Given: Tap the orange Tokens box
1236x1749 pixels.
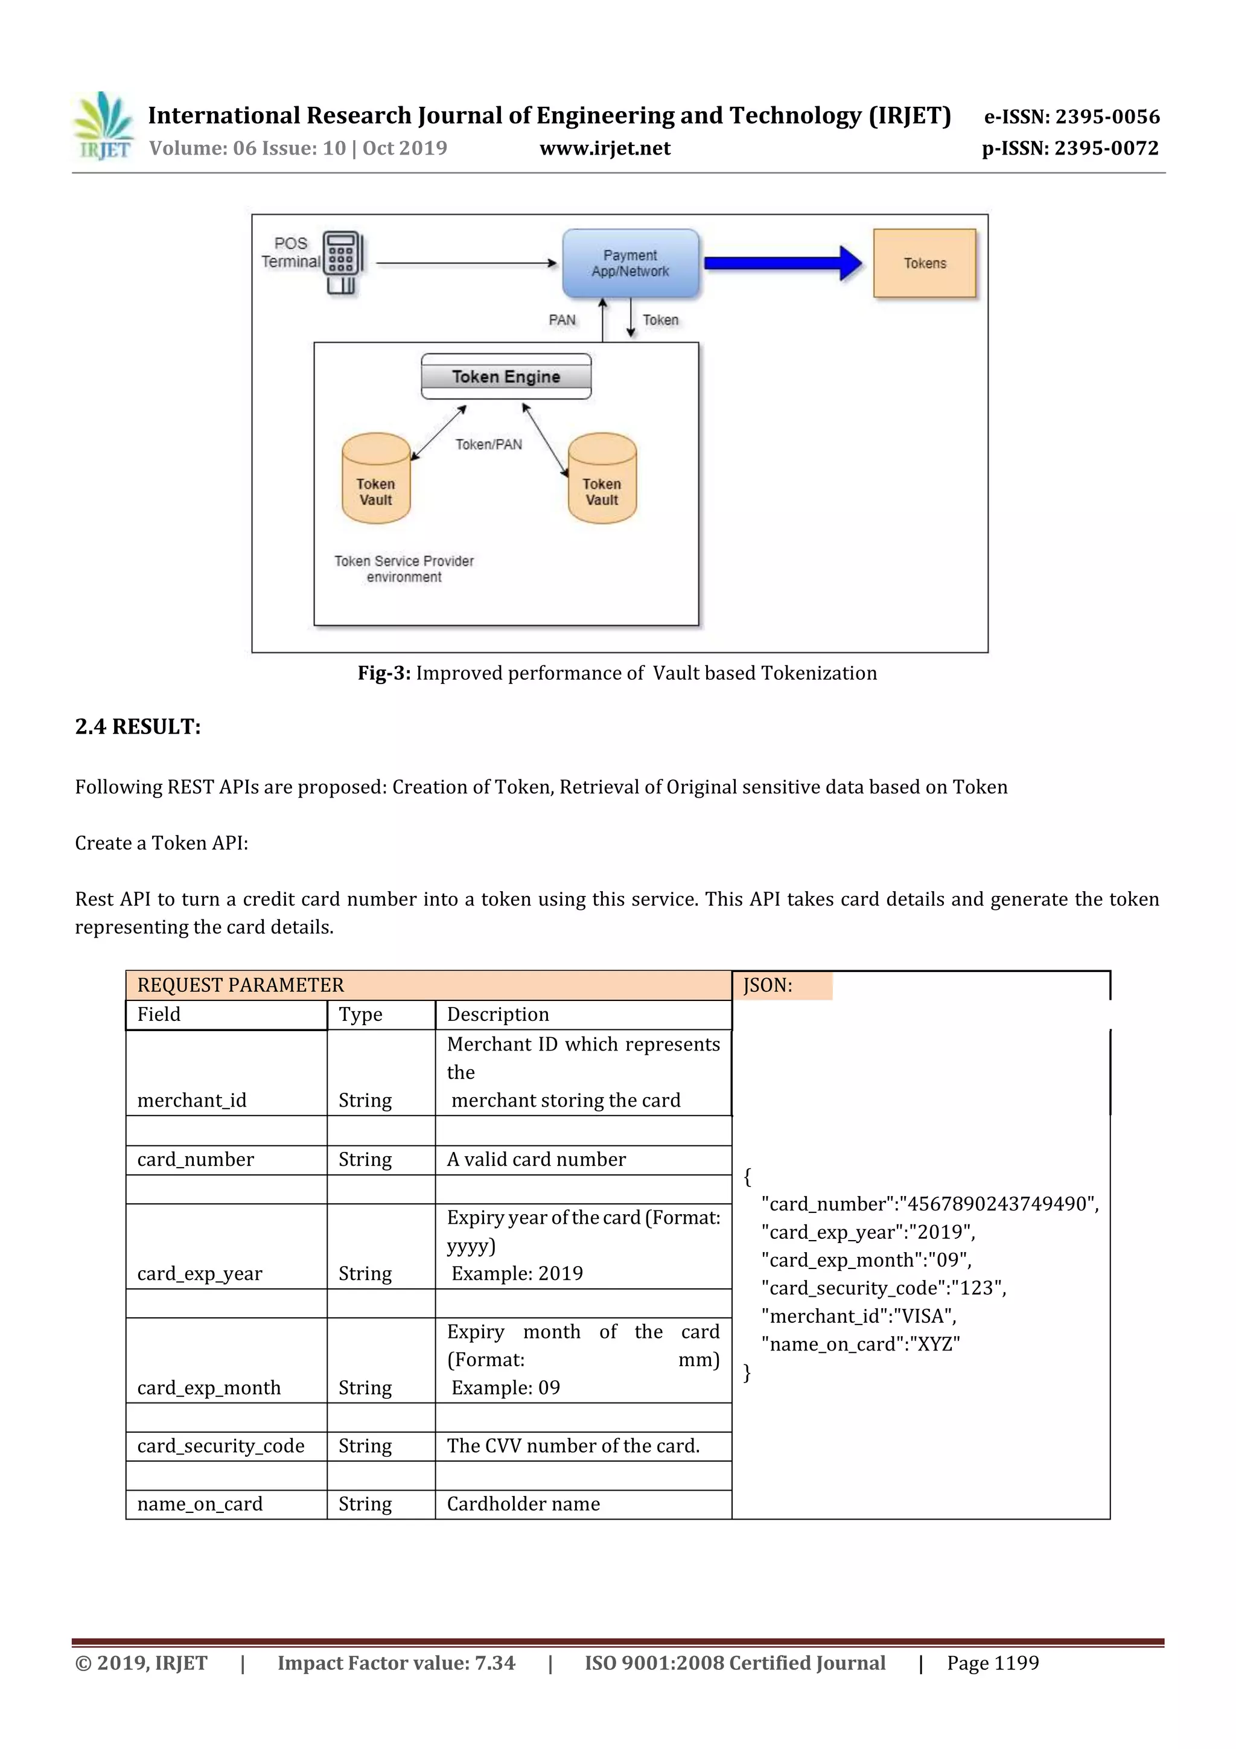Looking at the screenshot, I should (x=925, y=263).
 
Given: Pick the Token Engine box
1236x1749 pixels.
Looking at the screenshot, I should (x=506, y=376).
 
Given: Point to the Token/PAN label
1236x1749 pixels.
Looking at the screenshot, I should (x=489, y=444).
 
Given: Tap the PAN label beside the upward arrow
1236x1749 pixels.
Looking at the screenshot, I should (x=562, y=320).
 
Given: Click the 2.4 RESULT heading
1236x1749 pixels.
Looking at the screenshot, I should (x=138, y=727).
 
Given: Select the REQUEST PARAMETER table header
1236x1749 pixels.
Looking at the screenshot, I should (x=241, y=985).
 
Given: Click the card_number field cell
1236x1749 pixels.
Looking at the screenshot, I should (x=196, y=1159).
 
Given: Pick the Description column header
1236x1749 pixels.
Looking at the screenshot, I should (x=497, y=1015).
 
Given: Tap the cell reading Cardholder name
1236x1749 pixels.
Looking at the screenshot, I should (x=523, y=1504).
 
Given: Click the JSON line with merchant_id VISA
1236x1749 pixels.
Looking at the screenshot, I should (x=859, y=1316).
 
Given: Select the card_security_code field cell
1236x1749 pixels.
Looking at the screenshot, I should (x=221, y=1446).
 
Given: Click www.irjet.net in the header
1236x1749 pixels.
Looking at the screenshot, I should (x=605, y=148).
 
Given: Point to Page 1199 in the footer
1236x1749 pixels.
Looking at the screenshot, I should (x=992, y=1663).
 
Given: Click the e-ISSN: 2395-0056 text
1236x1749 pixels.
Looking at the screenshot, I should (x=1071, y=117).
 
